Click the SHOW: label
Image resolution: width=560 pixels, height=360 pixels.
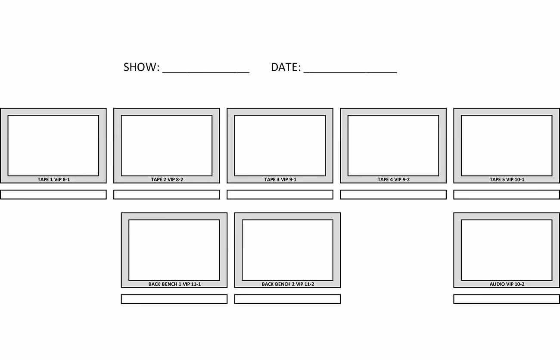[141, 67]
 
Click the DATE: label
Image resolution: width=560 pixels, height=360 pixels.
[286, 67]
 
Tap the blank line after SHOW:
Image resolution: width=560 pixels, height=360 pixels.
[206, 72]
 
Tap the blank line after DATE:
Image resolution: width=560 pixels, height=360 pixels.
[350, 72]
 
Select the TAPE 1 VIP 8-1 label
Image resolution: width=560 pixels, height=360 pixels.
[54, 179]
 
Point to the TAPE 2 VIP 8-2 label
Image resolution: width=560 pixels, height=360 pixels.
[167, 179]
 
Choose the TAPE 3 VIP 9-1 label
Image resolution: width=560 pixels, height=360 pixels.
[280, 179]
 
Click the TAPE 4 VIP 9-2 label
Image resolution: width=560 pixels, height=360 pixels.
[393, 179]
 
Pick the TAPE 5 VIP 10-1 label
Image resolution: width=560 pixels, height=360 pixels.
[507, 179]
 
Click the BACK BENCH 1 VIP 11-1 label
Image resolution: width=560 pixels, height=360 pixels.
[174, 284]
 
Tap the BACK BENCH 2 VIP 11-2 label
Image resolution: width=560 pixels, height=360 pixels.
[288, 284]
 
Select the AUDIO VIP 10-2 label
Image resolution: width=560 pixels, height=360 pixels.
[507, 284]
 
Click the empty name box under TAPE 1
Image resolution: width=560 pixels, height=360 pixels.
[53, 194]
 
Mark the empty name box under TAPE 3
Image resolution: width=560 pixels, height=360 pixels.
[280, 194]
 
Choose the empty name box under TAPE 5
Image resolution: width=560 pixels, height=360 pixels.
[507, 194]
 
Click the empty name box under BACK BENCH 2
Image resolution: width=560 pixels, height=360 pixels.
[287, 299]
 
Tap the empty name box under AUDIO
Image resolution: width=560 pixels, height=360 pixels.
[507, 299]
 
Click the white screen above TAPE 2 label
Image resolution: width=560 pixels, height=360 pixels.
[167, 146]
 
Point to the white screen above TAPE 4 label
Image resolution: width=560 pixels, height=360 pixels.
[393, 146]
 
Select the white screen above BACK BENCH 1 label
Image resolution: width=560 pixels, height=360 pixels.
[174, 250]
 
